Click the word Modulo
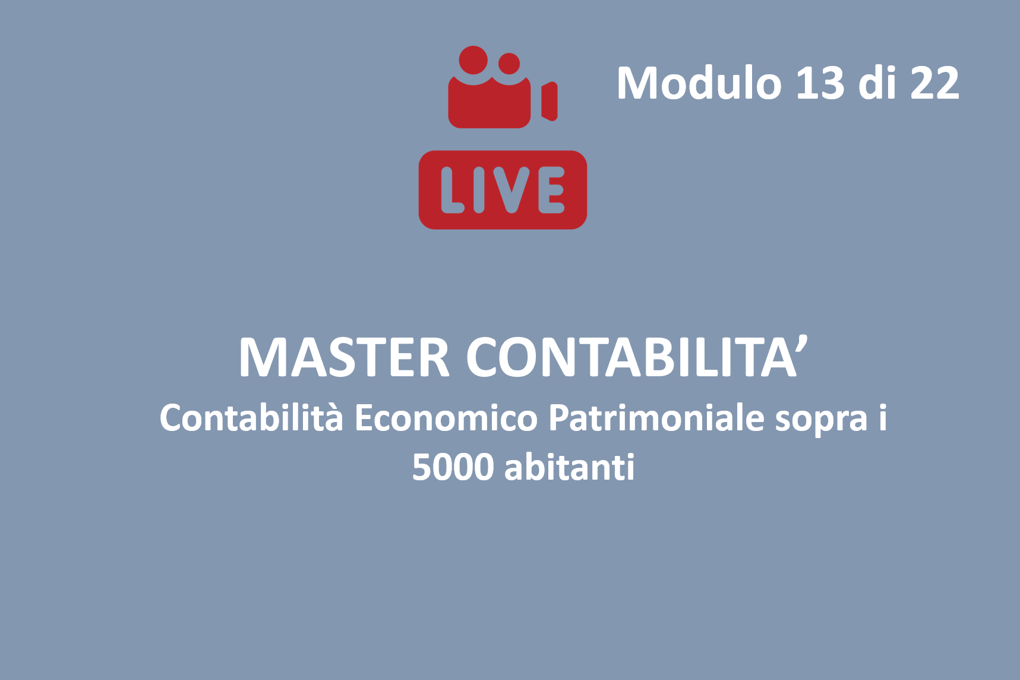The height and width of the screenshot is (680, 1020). (x=699, y=83)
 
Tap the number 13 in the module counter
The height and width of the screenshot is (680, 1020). (x=820, y=83)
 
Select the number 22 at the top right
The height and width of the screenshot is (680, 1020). (x=934, y=83)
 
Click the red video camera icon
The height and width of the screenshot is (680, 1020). (x=503, y=87)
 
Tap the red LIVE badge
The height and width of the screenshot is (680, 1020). (x=503, y=190)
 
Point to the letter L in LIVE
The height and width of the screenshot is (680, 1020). (x=453, y=190)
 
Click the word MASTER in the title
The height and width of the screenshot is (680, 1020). (x=344, y=357)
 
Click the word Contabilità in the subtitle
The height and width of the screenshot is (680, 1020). (x=251, y=417)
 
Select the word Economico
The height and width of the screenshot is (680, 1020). (x=446, y=417)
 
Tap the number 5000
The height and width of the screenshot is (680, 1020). (x=453, y=467)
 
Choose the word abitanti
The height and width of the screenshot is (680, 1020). (x=570, y=466)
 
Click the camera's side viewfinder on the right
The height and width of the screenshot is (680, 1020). (x=550, y=101)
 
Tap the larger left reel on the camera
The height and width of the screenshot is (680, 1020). (x=473, y=60)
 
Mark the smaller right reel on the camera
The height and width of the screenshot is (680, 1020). (x=509, y=64)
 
